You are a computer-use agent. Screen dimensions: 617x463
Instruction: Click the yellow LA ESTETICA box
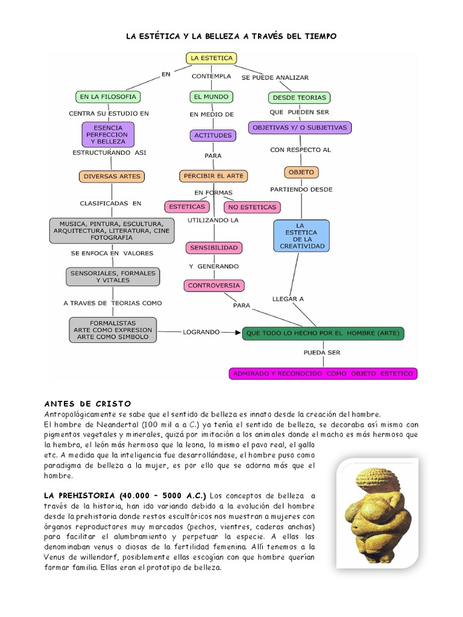coord(211,58)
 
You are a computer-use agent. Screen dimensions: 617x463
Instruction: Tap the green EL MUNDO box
coord(211,96)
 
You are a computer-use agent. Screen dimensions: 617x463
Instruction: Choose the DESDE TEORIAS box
coord(299,97)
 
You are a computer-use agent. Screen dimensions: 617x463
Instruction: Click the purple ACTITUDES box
coord(213,135)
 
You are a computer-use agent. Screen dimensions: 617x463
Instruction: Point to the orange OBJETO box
coord(301,172)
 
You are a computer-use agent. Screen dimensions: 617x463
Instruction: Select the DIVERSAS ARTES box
coord(112,177)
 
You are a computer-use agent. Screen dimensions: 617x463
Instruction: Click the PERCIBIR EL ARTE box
coord(213,176)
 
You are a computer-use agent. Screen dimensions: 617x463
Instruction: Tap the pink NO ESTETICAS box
coord(252,207)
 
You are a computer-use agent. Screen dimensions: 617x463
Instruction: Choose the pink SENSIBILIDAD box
coord(214,248)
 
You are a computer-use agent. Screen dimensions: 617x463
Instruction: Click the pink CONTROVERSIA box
coord(214,286)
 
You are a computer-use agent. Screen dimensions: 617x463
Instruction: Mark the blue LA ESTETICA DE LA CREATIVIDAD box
coord(301,235)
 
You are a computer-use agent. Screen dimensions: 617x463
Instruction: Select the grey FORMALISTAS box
coord(113,330)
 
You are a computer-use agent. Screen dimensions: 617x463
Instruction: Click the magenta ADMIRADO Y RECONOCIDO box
coord(324,374)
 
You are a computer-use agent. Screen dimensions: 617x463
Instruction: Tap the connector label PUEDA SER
coord(322,352)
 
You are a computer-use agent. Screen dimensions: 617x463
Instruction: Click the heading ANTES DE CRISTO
coord(87,403)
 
